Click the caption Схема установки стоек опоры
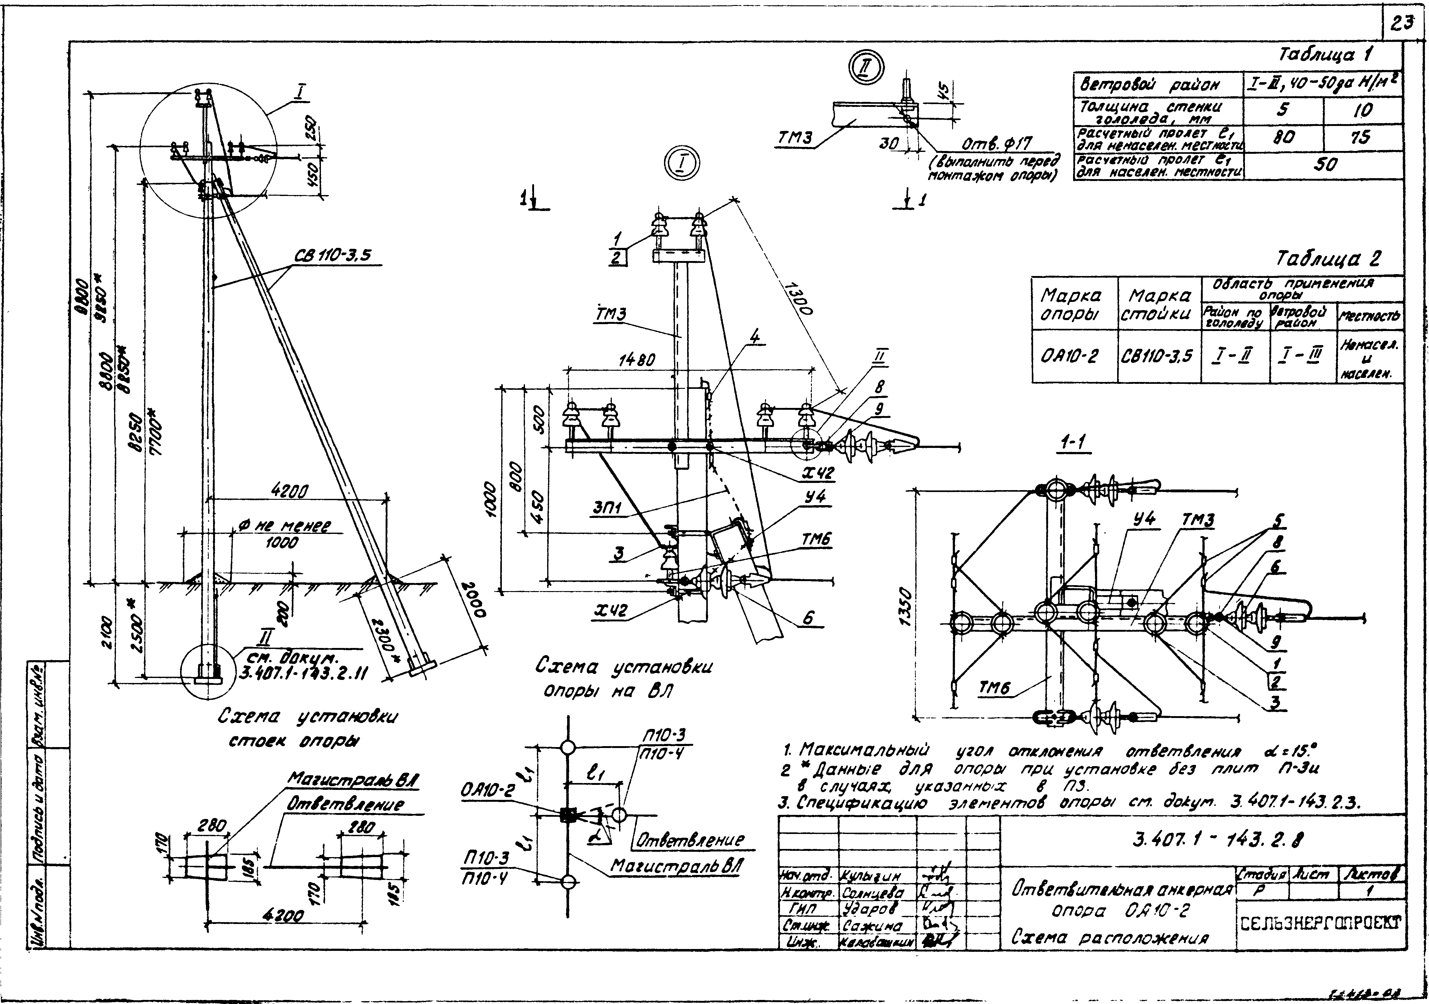[307, 728]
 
